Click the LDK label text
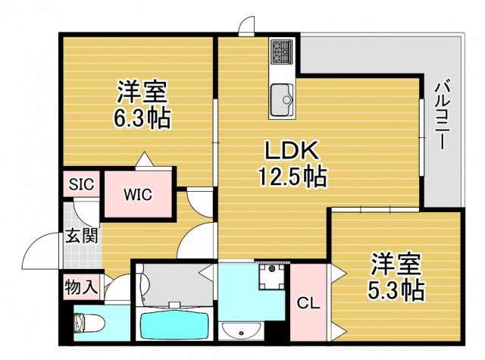tap(292, 151)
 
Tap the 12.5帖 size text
tap(293, 177)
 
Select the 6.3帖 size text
tap(142, 117)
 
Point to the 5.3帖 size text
tap(396, 290)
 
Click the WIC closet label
tap(138, 195)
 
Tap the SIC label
tap(81, 184)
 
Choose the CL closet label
tap(308, 303)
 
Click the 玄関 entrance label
tap(81, 236)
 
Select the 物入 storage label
tap(81, 287)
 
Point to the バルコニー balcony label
tap(442, 114)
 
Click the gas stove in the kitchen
tap(281, 52)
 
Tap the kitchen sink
tap(282, 99)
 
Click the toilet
tap(89, 323)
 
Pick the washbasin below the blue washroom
tap(241, 330)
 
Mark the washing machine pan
tap(272, 277)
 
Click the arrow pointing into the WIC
tap(145, 159)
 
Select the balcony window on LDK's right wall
tap(421, 138)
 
